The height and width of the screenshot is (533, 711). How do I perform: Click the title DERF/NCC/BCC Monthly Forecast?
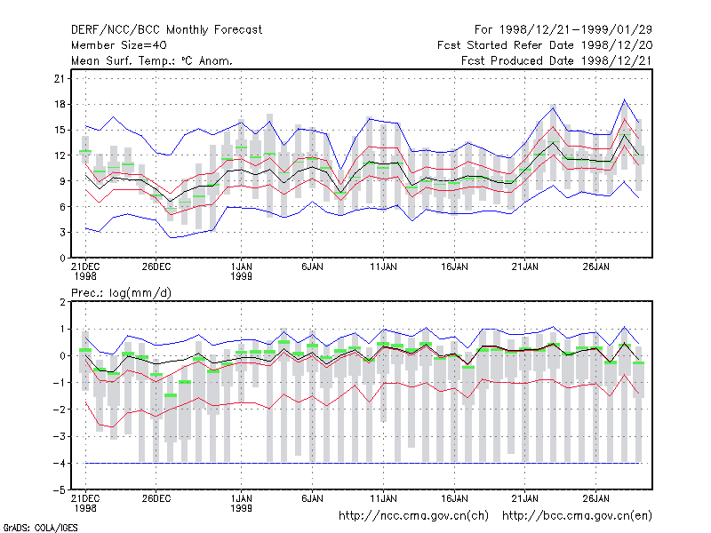click(166, 30)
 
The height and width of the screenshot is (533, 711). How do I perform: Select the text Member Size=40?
click(119, 45)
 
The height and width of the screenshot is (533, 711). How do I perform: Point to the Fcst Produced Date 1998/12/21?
click(557, 60)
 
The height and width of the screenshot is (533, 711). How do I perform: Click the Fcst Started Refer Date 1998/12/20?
click(545, 45)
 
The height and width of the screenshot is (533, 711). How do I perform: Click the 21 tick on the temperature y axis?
click(60, 79)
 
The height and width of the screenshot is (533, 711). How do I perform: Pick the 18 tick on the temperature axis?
click(60, 104)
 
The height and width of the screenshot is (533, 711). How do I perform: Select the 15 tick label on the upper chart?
click(60, 130)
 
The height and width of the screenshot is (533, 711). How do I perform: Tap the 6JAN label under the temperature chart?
click(313, 267)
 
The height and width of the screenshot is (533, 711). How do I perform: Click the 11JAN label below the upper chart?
click(383, 267)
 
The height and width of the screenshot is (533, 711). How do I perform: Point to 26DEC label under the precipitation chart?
click(156, 498)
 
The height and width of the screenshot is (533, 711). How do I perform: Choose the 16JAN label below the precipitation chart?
click(454, 498)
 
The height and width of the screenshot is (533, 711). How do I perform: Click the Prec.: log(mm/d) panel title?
click(121, 293)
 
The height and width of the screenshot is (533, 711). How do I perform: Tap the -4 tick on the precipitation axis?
click(59, 464)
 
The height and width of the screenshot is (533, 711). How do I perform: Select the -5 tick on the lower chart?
click(59, 490)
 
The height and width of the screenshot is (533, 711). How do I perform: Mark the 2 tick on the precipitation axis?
click(62, 302)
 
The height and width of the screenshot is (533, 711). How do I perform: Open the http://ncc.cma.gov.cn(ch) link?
click(413, 516)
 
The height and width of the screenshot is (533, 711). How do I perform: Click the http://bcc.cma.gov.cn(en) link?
click(577, 516)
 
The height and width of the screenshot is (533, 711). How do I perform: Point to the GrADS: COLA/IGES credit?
click(41, 528)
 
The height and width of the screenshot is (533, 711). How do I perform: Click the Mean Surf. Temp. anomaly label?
click(152, 60)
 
